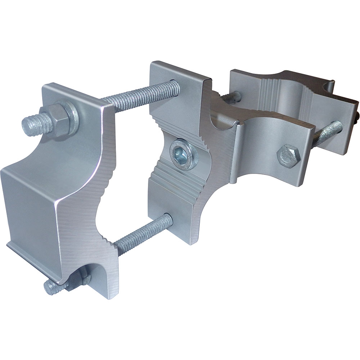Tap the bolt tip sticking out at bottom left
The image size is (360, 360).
[x=50, y=287]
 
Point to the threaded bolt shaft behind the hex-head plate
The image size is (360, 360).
[x=326, y=133]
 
